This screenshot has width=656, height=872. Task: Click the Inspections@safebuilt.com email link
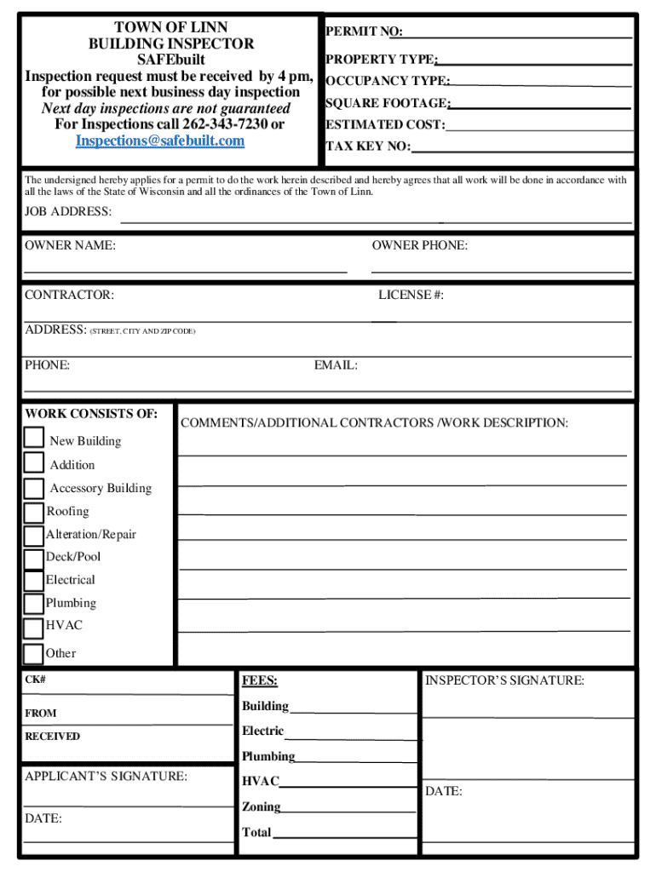(x=160, y=141)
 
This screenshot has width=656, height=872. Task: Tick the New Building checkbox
(x=34, y=438)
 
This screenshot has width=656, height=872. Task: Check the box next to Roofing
(x=34, y=512)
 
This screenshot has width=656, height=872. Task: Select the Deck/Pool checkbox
(x=34, y=559)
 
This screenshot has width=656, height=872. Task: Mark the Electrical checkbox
(x=34, y=581)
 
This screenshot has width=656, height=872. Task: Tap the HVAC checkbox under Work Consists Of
(x=34, y=628)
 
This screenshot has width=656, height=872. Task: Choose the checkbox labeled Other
(x=34, y=654)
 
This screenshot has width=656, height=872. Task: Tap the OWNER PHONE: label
(x=419, y=246)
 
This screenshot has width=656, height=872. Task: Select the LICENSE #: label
(x=411, y=295)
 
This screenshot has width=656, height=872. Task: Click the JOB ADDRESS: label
(x=68, y=211)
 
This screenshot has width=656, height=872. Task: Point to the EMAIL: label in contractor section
(x=336, y=365)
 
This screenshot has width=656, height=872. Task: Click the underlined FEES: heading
(x=260, y=681)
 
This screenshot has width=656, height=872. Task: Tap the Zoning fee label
(x=261, y=806)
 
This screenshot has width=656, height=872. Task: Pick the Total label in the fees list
(x=256, y=832)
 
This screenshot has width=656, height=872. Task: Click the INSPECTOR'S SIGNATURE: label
(x=504, y=680)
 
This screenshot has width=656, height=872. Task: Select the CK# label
(x=35, y=681)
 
